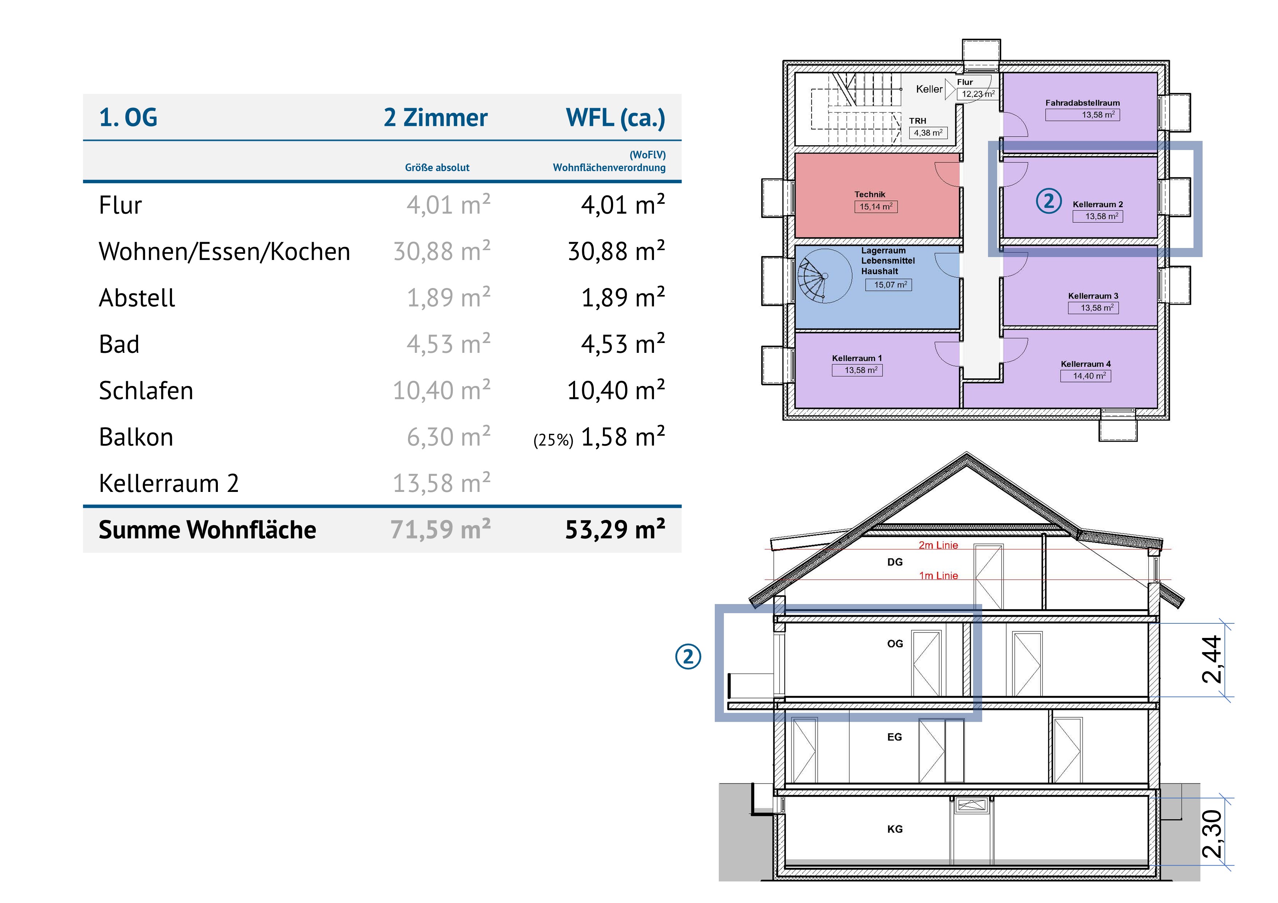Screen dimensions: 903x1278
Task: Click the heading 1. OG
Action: [x=128, y=117]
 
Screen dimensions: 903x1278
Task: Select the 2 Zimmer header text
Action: [x=435, y=117]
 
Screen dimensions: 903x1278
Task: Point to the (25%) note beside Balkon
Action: [x=553, y=440]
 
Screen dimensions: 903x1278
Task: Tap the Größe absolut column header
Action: [x=437, y=167]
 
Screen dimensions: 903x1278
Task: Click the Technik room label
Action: [x=870, y=194]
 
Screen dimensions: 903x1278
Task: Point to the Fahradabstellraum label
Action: [x=1082, y=103]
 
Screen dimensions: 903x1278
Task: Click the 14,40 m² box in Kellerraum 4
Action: [x=1085, y=376]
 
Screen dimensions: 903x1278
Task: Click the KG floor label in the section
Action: [x=894, y=829]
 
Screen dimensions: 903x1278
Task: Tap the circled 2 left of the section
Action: [x=688, y=657]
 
